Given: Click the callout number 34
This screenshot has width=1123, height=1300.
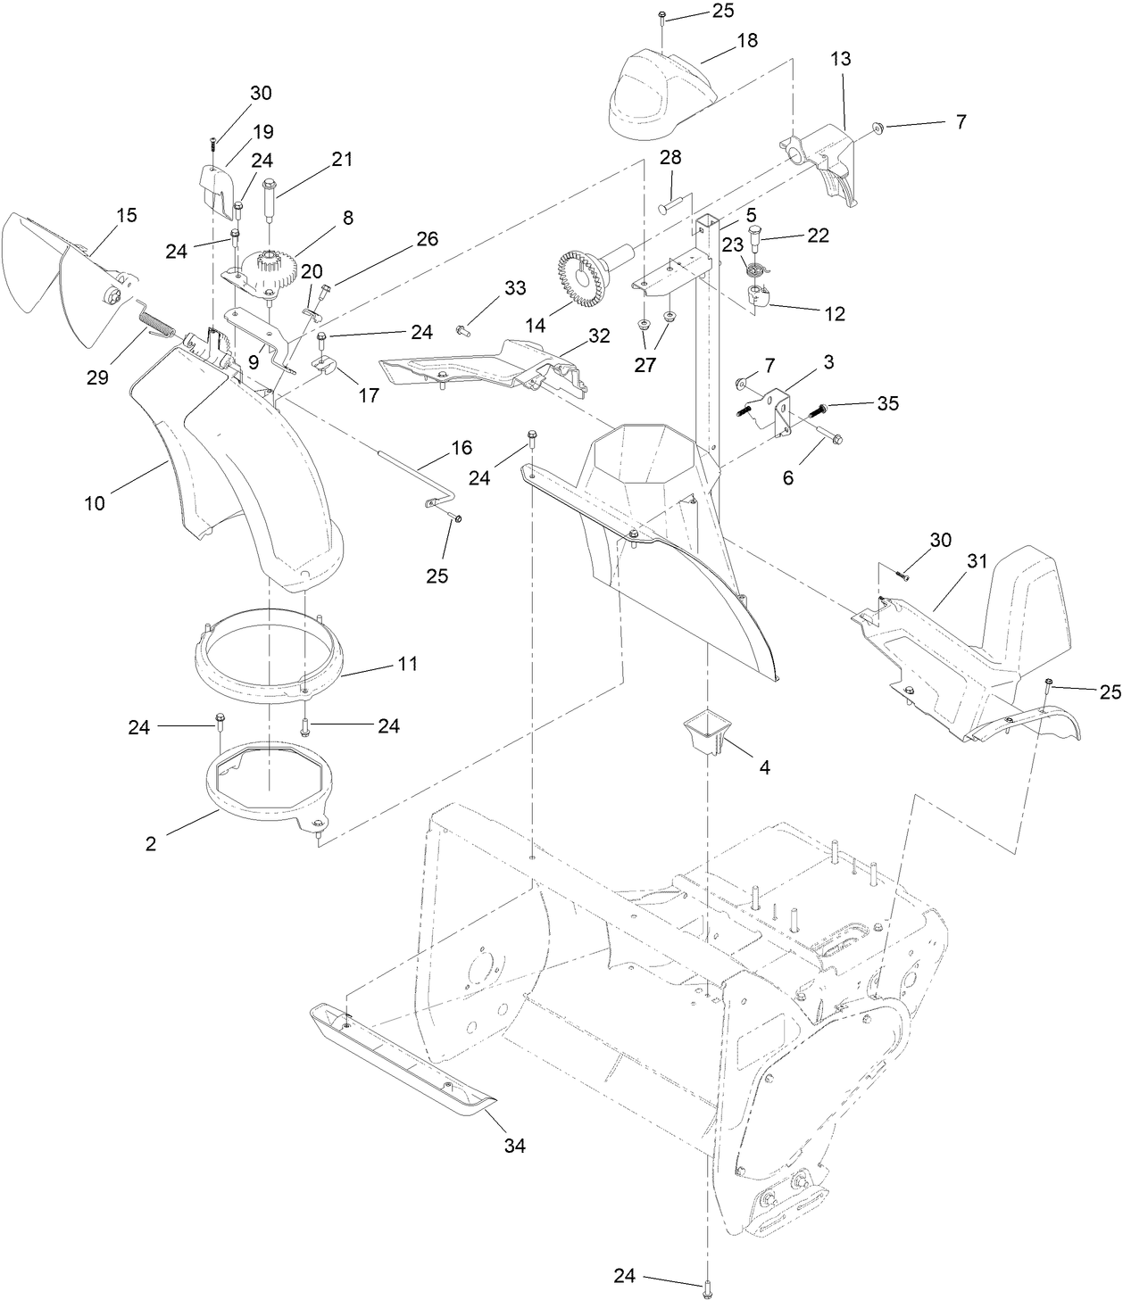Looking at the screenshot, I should pyautogui.click(x=514, y=1146).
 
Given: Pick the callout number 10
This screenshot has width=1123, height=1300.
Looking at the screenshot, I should pyautogui.click(x=95, y=503).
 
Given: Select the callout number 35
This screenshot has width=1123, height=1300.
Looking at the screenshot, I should pyautogui.click(x=886, y=403).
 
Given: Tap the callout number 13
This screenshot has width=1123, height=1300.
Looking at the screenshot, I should pyautogui.click(x=840, y=59).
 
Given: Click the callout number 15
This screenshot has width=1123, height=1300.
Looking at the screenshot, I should pyautogui.click(x=127, y=214).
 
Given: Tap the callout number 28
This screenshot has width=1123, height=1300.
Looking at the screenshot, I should pyautogui.click(x=670, y=158).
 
